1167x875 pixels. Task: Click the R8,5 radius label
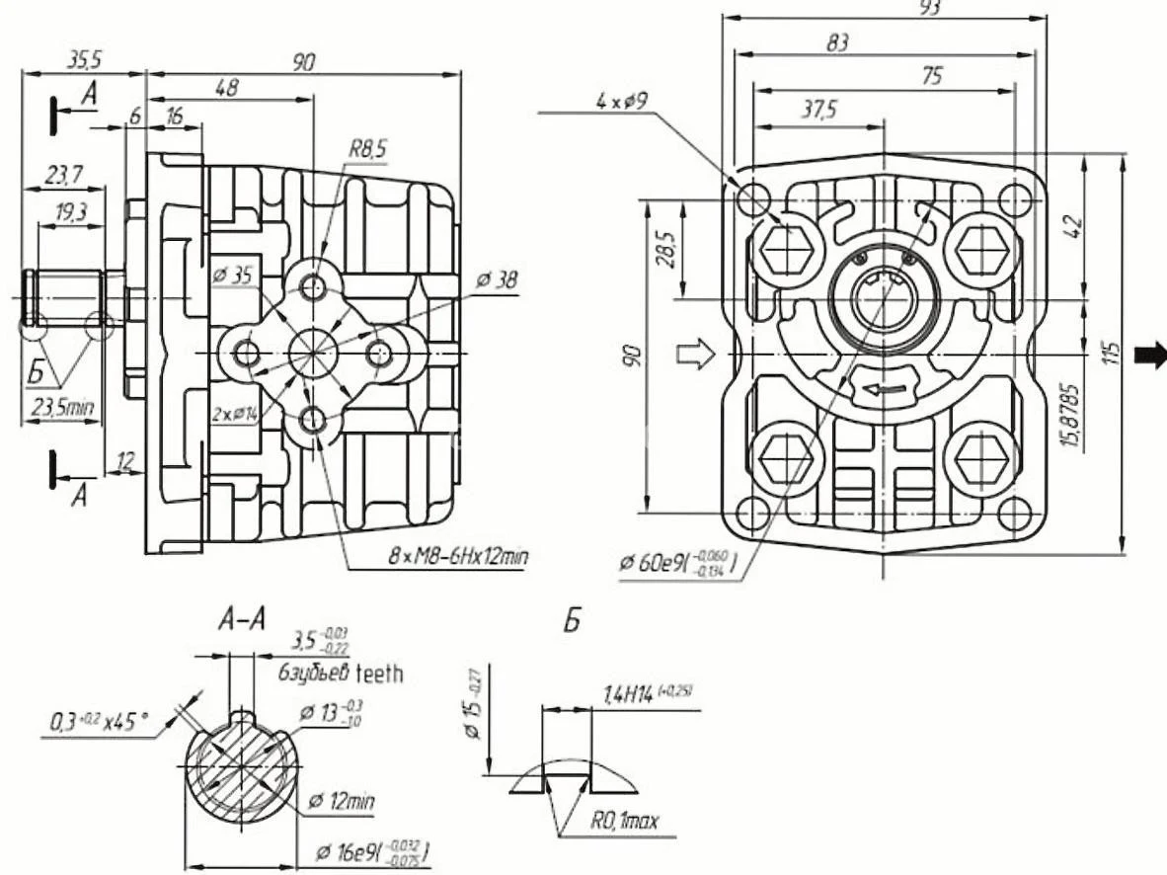pyautogui.click(x=367, y=149)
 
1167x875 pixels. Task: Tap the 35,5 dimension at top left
pyautogui.click(x=84, y=60)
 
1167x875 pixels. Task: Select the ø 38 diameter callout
pyautogui.click(x=496, y=281)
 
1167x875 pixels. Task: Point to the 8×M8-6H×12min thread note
pyautogui.click(x=457, y=557)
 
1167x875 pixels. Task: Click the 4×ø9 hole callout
pyautogui.click(x=622, y=101)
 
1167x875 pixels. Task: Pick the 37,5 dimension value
pyautogui.click(x=817, y=110)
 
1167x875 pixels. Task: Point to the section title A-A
pyautogui.click(x=243, y=620)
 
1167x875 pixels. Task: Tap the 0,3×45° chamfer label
pyautogui.click(x=99, y=724)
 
